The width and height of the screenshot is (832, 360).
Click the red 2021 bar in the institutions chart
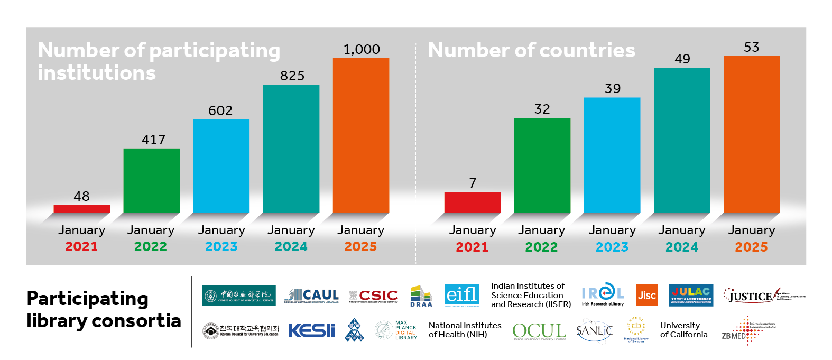pos(81,209)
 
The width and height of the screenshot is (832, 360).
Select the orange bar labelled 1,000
pos(360,135)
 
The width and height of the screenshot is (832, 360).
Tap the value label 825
pos(292,76)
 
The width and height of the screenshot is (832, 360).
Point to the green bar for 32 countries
pos(542,165)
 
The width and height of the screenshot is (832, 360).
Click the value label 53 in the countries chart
pos(751,47)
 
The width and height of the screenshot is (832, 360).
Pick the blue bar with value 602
pos(221,165)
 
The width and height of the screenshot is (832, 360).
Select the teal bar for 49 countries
pos(681,140)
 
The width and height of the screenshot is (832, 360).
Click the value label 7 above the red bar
pos(473,183)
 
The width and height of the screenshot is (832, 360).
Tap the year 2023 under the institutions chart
pos(221,246)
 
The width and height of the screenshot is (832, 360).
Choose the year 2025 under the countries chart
pos(751,247)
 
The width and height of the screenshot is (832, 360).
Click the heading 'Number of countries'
pos(531,50)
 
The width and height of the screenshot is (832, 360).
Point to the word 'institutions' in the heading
pos(97,73)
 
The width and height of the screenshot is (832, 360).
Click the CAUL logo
pos(311,296)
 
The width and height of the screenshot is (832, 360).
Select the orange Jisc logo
pos(646,296)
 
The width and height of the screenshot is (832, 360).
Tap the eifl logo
pos(461,295)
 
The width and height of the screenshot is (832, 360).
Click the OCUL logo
pos(539,331)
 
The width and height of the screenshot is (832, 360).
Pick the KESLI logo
pos(311,330)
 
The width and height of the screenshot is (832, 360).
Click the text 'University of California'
pos(683,330)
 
